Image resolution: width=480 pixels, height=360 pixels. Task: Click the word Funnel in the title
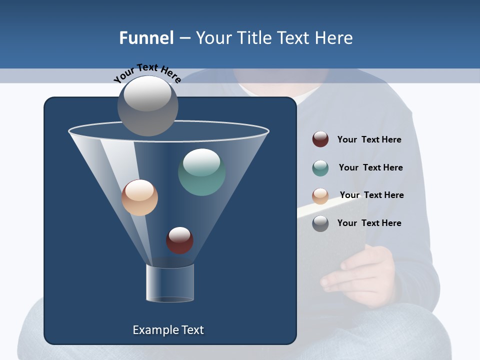(146, 38)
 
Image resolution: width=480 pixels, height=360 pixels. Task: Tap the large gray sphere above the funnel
(148, 105)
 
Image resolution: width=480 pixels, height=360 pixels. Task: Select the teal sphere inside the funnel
(201, 172)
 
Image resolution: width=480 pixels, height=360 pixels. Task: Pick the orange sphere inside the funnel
(139, 197)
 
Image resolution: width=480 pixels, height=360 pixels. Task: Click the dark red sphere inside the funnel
(179, 240)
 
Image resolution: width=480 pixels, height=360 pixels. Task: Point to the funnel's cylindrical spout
(170, 283)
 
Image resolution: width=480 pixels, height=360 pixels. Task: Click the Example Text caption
(168, 330)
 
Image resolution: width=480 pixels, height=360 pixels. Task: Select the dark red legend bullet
(320, 139)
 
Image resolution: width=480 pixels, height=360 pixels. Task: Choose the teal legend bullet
(320, 168)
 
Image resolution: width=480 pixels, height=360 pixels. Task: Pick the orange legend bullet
(320, 196)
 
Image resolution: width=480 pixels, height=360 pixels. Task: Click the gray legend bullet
(320, 223)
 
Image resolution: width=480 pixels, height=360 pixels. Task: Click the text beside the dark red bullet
(369, 139)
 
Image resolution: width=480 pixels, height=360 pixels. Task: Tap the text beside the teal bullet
(370, 167)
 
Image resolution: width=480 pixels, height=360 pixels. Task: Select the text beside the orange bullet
(371, 195)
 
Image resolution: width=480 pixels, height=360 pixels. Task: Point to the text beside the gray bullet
(369, 223)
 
